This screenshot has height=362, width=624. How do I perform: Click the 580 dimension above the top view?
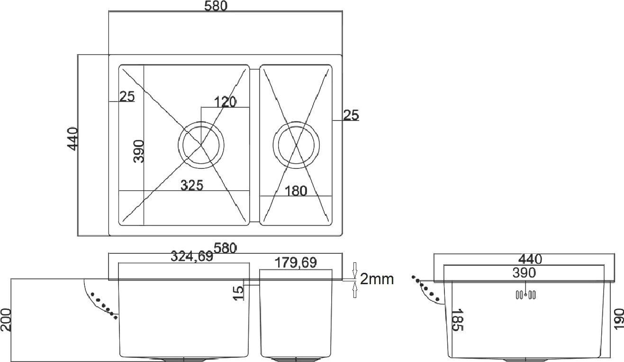pyautogui.click(x=216, y=6)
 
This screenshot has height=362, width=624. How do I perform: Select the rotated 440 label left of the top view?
pyautogui.click(x=72, y=139)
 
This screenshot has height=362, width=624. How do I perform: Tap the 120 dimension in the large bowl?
pyautogui.click(x=225, y=102)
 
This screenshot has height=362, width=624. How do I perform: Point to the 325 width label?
pyautogui.click(x=192, y=185)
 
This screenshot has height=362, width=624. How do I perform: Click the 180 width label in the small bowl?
pyautogui.click(x=296, y=191)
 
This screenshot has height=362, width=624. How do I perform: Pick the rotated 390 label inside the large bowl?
pyautogui.click(x=139, y=151)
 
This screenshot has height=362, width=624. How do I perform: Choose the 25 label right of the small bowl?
pyautogui.click(x=351, y=115)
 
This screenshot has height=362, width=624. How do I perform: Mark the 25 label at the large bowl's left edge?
pyautogui.click(x=127, y=96)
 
